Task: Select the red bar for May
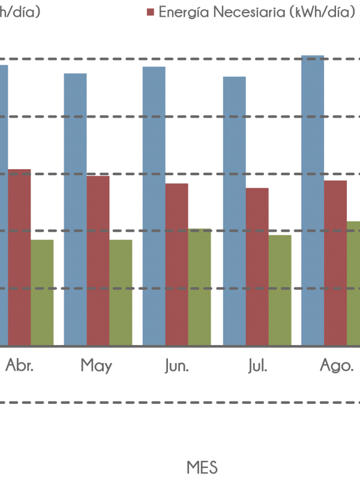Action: (98, 260)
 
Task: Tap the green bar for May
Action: (121, 292)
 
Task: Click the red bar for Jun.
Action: (177, 264)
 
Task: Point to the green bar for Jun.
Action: (200, 287)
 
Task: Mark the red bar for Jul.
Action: (257, 266)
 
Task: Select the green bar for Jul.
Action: (280, 290)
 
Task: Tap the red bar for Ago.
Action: (335, 262)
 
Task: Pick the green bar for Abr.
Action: (42, 292)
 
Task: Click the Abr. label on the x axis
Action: (20, 365)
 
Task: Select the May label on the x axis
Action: (96, 365)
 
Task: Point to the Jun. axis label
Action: (176, 365)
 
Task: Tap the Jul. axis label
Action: (257, 365)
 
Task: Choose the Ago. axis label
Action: (337, 365)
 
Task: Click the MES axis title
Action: (202, 467)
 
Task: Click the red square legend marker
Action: (151, 12)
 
